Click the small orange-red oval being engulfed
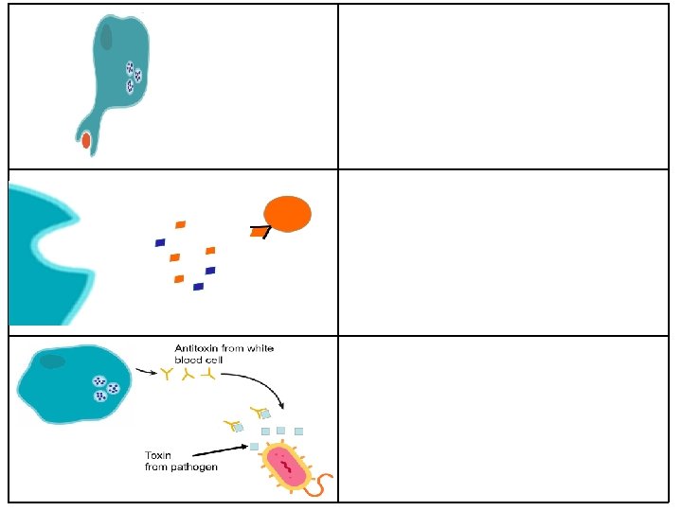pyautogui.click(x=86, y=140)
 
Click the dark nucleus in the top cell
pyautogui.click(x=107, y=36)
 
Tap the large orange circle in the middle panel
pyautogui.click(x=287, y=214)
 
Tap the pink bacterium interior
pyautogui.click(x=284, y=465)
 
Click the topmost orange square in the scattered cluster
pyautogui.click(x=180, y=224)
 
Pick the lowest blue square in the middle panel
pyautogui.click(x=198, y=286)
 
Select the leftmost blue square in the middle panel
pyautogui.click(x=160, y=242)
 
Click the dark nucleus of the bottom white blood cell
pyautogui.click(x=53, y=361)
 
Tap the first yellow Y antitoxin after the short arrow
pyautogui.click(x=169, y=375)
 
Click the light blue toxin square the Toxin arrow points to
pyautogui.click(x=254, y=446)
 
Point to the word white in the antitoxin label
pyautogui.click(x=259, y=349)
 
